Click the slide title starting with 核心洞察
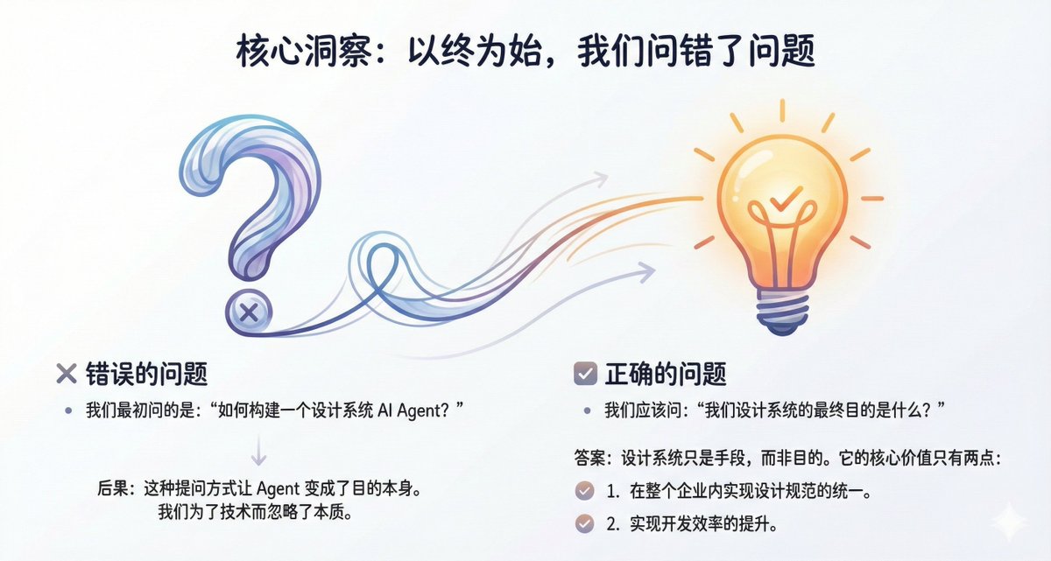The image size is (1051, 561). [525, 52]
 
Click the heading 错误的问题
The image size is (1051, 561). [146, 374]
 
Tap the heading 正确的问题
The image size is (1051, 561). [666, 374]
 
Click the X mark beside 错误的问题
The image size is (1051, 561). [67, 374]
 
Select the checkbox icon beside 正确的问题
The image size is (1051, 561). [586, 374]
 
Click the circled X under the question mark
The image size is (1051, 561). [249, 312]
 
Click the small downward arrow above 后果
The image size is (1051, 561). [258, 451]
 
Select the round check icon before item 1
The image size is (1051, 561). [585, 491]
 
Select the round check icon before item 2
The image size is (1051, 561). [585, 523]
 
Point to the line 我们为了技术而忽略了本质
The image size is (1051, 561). [256, 511]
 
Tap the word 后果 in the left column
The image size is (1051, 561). [113, 489]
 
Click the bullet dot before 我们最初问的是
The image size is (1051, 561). [69, 410]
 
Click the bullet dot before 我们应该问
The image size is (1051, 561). [587, 410]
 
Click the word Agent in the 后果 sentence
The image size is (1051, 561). [278, 489]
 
